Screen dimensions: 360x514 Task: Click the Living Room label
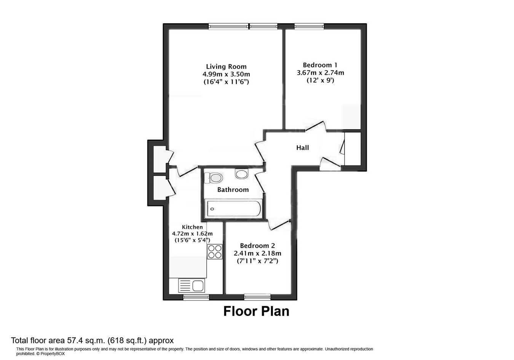click(x=226, y=66)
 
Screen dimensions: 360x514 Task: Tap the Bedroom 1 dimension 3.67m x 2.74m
click(x=320, y=73)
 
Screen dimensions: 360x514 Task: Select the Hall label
click(x=303, y=148)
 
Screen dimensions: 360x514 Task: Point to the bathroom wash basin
click(x=241, y=174)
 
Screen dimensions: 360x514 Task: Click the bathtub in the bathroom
click(x=233, y=209)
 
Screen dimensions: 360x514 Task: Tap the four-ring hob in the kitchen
click(x=215, y=252)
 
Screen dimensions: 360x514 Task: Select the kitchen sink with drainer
click(x=192, y=286)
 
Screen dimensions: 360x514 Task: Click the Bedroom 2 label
click(x=257, y=246)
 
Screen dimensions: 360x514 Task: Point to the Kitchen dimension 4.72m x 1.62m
click(x=192, y=234)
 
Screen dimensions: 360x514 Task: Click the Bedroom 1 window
click(x=309, y=26)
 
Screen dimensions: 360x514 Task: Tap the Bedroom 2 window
click(x=257, y=297)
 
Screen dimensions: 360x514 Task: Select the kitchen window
click(x=196, y=297)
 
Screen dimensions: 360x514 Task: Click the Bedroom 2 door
click(x=278, y=225)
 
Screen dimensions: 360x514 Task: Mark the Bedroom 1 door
click(x=316, y=127)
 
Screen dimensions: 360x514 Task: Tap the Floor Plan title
click(x=256, y=311)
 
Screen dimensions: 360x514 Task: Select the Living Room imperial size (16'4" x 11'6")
click(x=226, y=82)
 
